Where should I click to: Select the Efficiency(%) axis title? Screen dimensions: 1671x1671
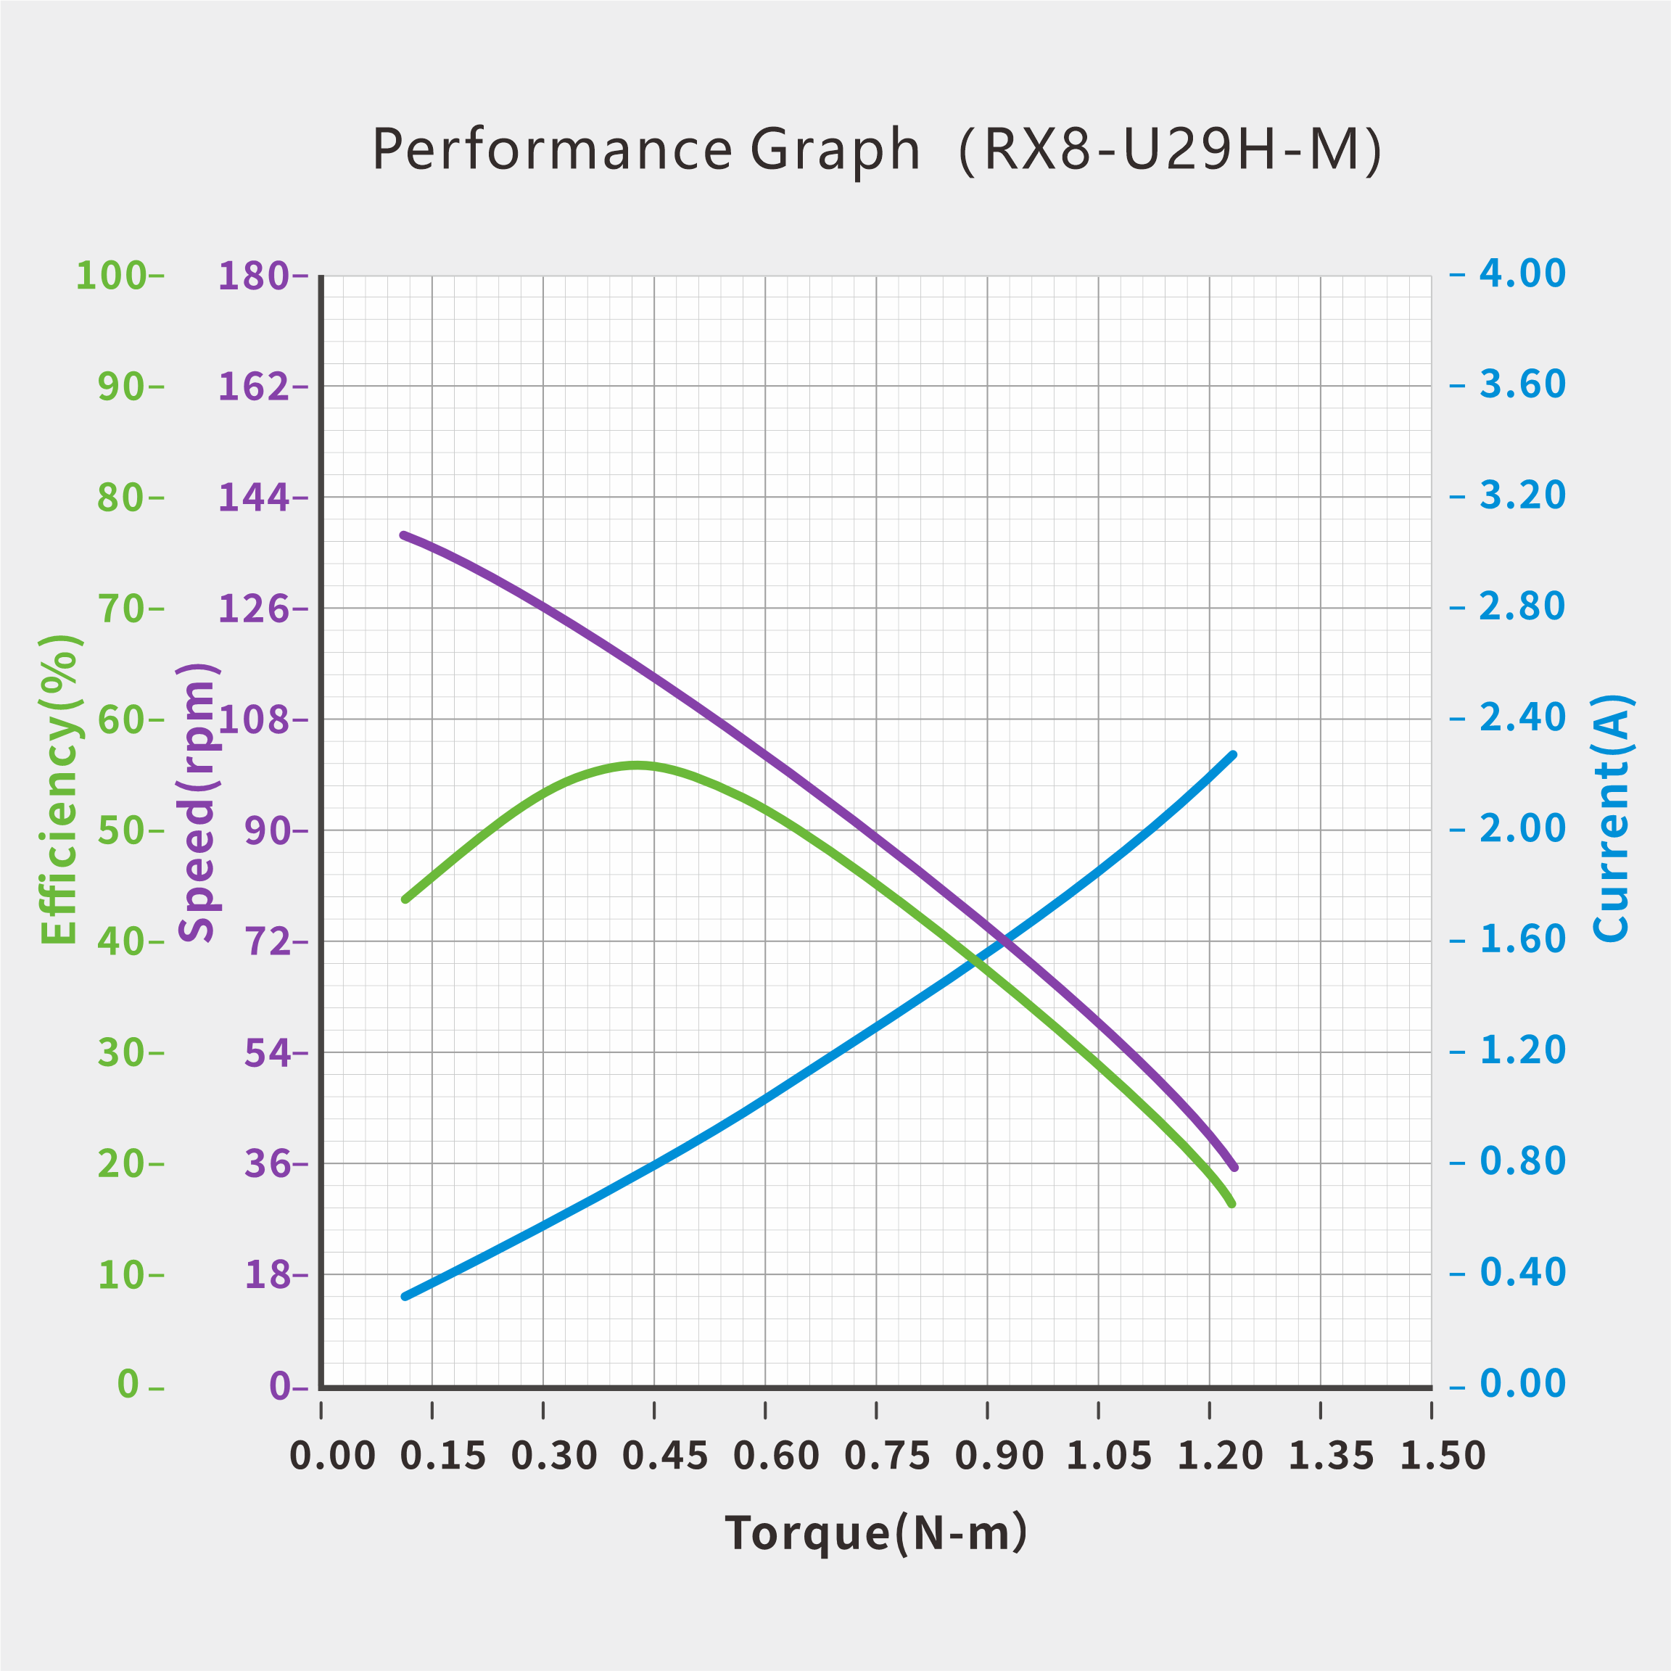tap(59, 790)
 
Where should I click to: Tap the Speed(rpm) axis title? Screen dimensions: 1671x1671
tap(197, 801)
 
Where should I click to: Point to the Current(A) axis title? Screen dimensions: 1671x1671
tap(1611, 818)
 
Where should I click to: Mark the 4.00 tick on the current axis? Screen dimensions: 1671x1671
tap(1522, 274)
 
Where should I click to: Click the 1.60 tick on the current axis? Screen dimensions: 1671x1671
tap(1522, 939)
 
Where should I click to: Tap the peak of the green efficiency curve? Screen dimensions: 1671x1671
tap(637, 764)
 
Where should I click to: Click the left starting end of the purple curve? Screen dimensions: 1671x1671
tap(404, 535)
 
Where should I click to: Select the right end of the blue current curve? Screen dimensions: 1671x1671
tap(1234, 755)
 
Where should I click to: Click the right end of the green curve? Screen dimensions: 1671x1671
tap(1232, 1204)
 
